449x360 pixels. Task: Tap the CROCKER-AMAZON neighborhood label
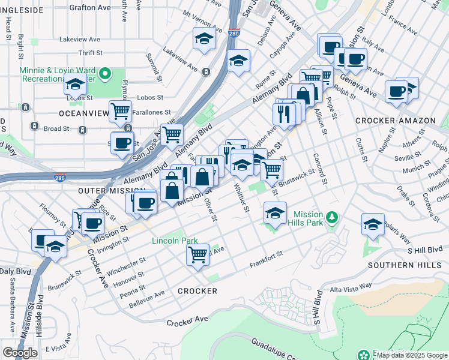pos(395,121)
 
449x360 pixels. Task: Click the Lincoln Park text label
pos(175,241)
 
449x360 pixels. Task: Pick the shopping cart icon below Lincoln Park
pos(198,254)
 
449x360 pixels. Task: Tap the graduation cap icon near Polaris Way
pos(373,224)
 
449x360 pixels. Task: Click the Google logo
pos(20,353)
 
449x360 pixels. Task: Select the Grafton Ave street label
pos(90,8)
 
